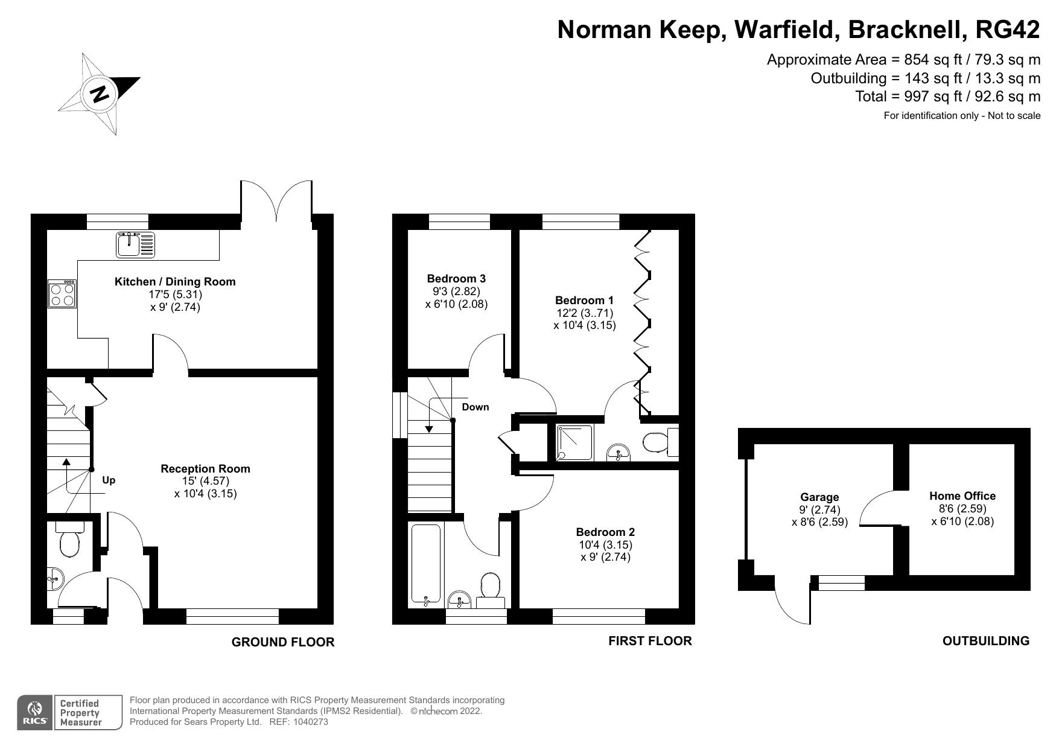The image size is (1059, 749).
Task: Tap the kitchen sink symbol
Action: coord(135,244)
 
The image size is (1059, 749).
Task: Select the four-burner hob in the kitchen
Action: coord(62,295)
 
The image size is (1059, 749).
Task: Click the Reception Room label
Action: coord(205,468)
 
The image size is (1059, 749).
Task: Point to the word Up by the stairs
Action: coord(109,480)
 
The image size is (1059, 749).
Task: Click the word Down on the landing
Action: coord(475,407)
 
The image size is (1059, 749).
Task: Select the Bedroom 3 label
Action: coord(456,278)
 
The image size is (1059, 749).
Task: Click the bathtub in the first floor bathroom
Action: coord(426,564)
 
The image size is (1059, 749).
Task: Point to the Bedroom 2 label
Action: coord(605,532)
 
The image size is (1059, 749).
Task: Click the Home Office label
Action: coord(962,496)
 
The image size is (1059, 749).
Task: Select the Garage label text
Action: coord(819,497)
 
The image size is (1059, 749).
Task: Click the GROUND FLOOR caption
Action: coord(283,642)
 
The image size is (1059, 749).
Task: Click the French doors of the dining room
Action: coord(277,201)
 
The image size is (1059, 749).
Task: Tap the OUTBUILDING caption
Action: coord(986,641)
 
